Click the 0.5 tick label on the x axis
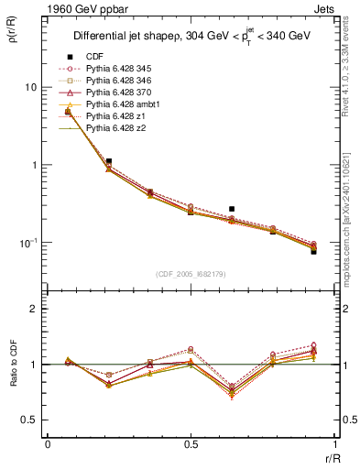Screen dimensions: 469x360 point(191,444)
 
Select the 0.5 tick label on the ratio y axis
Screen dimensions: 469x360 point(30,420)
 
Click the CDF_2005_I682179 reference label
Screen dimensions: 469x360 point(191,274)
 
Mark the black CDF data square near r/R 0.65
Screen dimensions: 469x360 point(232,209)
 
